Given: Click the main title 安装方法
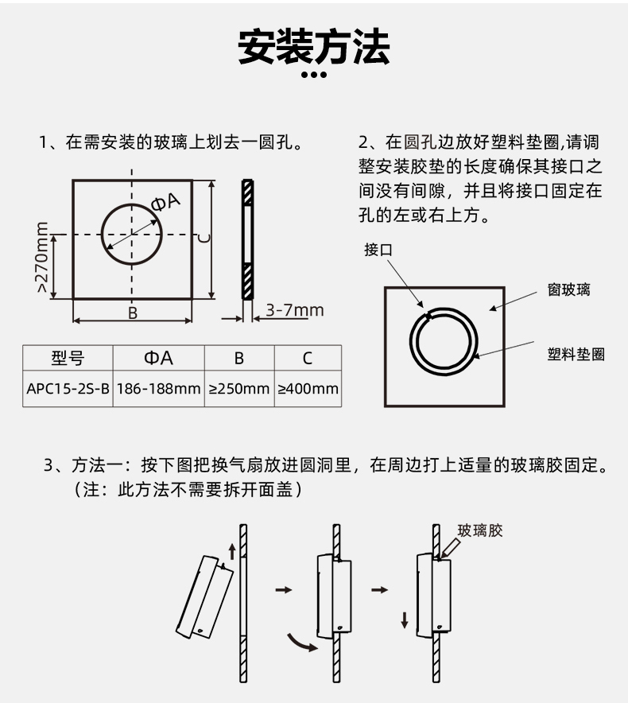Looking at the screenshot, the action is (314, 47).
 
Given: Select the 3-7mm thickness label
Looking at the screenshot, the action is (294, 310).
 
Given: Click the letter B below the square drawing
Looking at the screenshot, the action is (133, 313).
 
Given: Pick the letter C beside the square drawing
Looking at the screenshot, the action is (204, 238).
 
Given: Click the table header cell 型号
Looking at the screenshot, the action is (68, 358).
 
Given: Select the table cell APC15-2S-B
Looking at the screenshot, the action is (68, 388).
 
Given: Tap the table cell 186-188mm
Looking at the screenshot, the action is (159, 388).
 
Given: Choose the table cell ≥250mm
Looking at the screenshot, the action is (239, 388).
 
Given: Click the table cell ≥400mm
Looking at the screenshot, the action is (308, 388).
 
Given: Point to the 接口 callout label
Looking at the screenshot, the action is (378, 249).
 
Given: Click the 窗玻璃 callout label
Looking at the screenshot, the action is (569, 289).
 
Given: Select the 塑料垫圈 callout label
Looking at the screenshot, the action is (576, 354).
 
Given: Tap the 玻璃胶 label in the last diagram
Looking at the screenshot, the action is (480, 530).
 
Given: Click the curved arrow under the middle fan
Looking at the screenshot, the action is (301, 643).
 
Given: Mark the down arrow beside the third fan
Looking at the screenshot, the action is (405, 619).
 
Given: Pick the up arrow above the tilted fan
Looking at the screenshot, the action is (232, 552).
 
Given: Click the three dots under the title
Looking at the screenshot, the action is (314, 75).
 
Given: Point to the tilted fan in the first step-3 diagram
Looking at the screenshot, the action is (204, 596).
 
